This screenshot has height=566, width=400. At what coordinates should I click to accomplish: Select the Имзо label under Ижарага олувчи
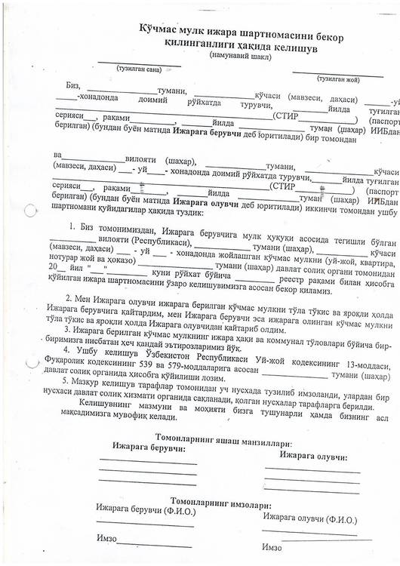tap(270, 546)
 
